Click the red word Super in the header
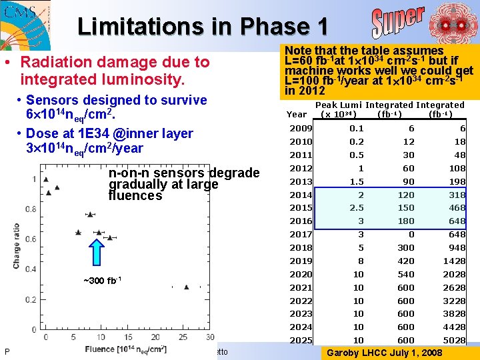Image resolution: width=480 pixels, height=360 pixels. click(x=398, y=23)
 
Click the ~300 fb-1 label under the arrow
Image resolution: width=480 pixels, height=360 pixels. click(x=101, y=279)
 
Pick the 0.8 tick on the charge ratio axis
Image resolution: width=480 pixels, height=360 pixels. click(x=31, y=209)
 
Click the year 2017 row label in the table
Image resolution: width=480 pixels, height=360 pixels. click(x=300, y=234)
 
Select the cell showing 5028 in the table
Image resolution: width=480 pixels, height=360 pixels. click(x=453, y=340)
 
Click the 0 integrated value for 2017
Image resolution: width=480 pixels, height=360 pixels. click(x=411, y=234)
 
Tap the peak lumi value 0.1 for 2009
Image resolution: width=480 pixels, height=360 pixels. click(x=357, y=129)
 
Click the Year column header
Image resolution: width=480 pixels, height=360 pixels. click(x=297, y=114)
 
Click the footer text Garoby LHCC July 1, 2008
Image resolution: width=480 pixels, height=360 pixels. click(x=381, y=352)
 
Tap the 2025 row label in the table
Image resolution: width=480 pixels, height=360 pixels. click(x=300, y=340)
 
